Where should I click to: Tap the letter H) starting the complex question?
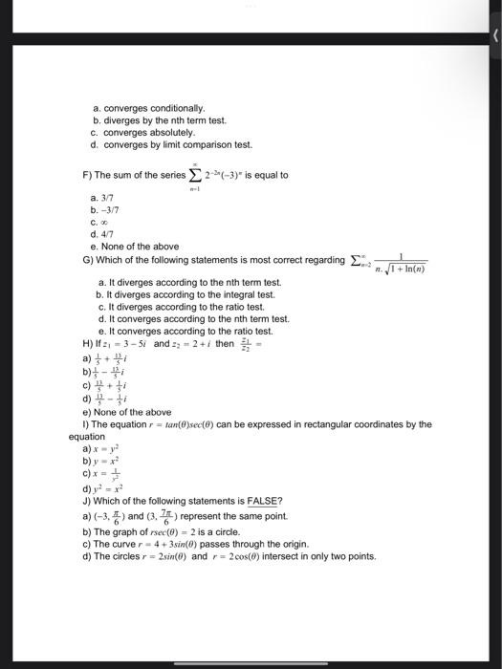(88, 342)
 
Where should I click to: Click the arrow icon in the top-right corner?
(493, 35)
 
